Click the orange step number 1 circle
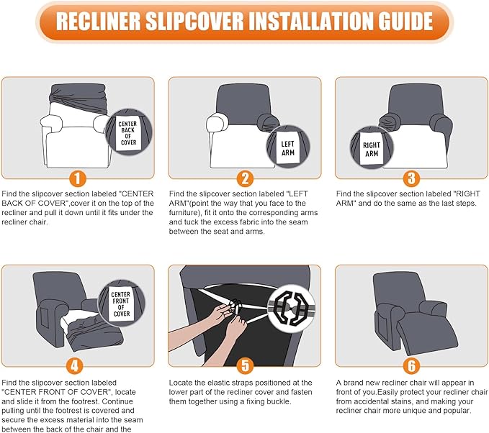click(77, 179)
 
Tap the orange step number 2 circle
click(245, 178)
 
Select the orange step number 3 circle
click(412, 178)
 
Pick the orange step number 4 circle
click(74, 365)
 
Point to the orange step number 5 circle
click(245, 365)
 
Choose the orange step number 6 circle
click(412, 365)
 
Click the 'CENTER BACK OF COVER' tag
click(128, 133)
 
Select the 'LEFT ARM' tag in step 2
click(287, 148)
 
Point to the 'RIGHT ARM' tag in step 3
click(372, 149)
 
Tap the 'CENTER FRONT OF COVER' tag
click(121, 304)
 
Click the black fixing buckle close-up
click(292, 308)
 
